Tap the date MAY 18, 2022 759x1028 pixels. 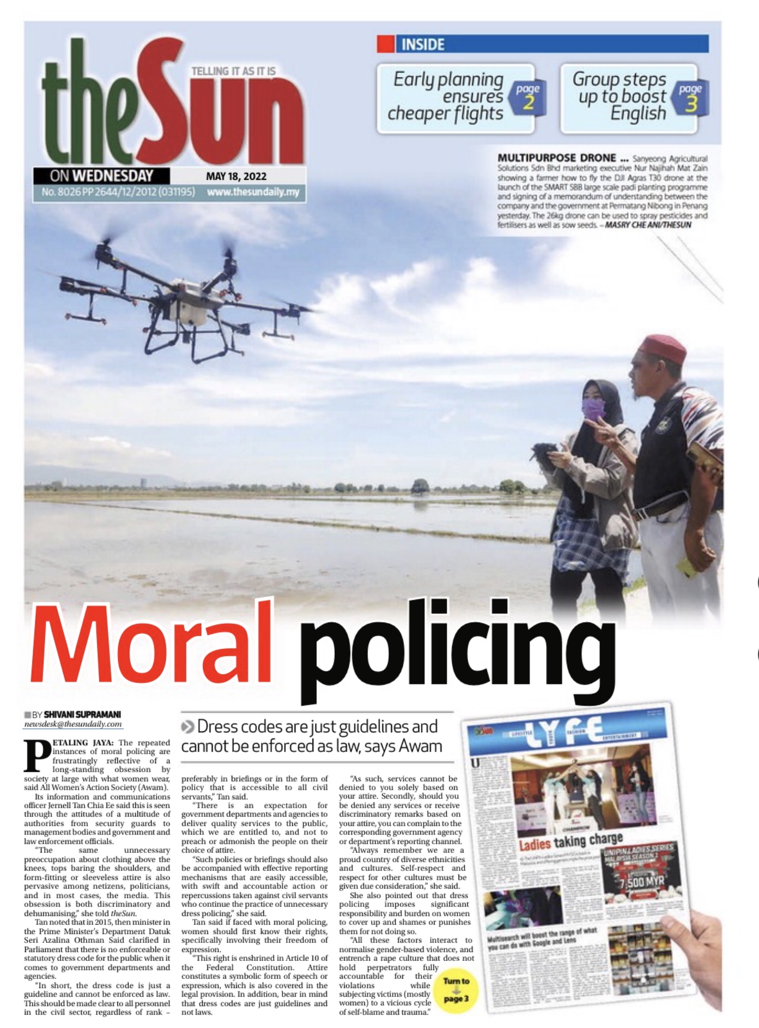pyautogui.click(x=236, y=176)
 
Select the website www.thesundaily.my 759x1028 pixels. pyautogui.click(x=253, y=192)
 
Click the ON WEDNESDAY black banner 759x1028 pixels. pyautogui.click(x=101, y=176)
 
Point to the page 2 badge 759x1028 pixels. pyautogui.click(x=528, y=97)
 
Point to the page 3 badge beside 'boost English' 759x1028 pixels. pyautogui.click(x=690, y=97)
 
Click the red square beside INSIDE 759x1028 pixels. pyautogui.click(x=386, y=44)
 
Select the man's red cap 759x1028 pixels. pyautogui.click(x=663, y=348)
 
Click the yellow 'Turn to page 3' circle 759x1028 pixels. pyautogui.click(x=455, y=989)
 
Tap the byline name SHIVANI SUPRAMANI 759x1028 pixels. pyautogui.click(x=82, y=714)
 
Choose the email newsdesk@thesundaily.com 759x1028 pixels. pyautogui.click(x=73, y=724)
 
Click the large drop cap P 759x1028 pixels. pyautogui.click(x=37, y=755)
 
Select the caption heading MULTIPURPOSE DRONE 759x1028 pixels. pyautogui.click(x=557, y=158)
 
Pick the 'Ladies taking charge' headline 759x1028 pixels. pyautogui.click(x=570, y=841)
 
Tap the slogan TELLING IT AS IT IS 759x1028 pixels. pyautogui.click(x=233, y=71)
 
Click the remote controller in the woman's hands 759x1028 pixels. pyautogui.click(x=546, y=450)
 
